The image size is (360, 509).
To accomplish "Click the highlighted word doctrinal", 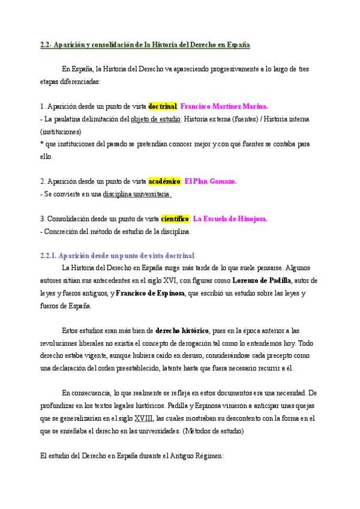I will [162, 106].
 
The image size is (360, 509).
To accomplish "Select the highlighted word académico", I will [164, 181].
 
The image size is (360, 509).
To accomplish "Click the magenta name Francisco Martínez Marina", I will [224, 106].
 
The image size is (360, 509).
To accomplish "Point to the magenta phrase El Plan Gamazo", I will [211, 181].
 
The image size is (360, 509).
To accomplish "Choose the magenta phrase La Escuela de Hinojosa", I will [230, 219].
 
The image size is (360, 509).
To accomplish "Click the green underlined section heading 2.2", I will [141, 45].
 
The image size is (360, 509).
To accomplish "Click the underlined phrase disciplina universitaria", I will [137, 194].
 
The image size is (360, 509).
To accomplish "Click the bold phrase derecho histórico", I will [182, 331].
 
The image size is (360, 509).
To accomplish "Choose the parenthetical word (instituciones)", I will [61, 131].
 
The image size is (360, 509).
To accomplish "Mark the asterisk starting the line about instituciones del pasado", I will [41, 144].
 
